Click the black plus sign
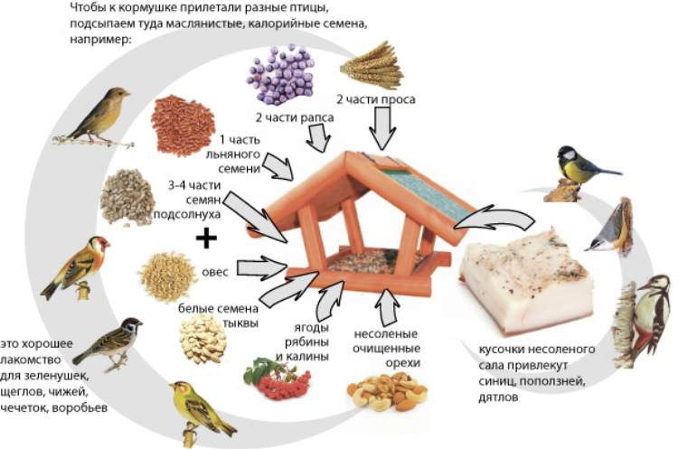point(208,238)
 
